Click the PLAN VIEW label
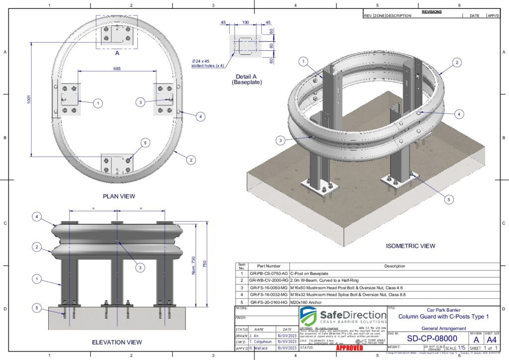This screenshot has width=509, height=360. pyautogui.click(x=119, y=196)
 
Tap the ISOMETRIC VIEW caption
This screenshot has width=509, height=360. pyautogui.click(x=411, y=246)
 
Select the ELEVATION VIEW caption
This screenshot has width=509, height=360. pyautogui.click(x=117, y=342)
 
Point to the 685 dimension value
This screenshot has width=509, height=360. pyautogui.click(x=116, y=68)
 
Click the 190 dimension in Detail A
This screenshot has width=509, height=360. pyautogui.click(x=245, y=22)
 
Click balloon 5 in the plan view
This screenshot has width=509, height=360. pyautogui.click(x=145, y=143)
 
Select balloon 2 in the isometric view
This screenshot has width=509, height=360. pyautogui.click(x=456, y=63)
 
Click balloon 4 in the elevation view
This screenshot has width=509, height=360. pyautogui.click(x=37, y=216)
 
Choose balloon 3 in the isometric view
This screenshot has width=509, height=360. pyautogui.click(x=281, y=141)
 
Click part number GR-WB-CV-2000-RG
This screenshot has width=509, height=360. pyautogui.click(x=269, y=280)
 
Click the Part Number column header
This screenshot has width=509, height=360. pyautogui.click(x=269, y=267)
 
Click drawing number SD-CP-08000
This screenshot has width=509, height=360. pyautogui.click(x=432, y=339)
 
